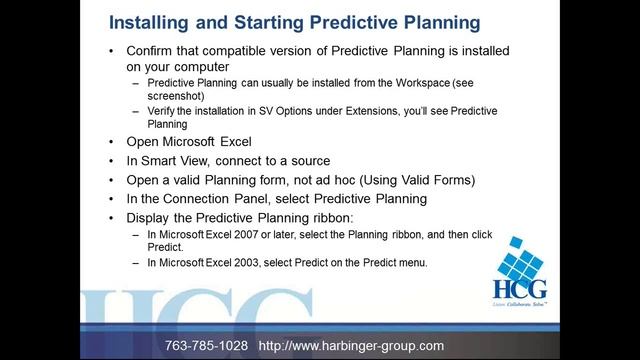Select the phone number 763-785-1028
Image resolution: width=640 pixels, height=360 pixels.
coord(206,345)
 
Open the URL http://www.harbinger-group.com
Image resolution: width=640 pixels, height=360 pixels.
coord(351,345)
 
